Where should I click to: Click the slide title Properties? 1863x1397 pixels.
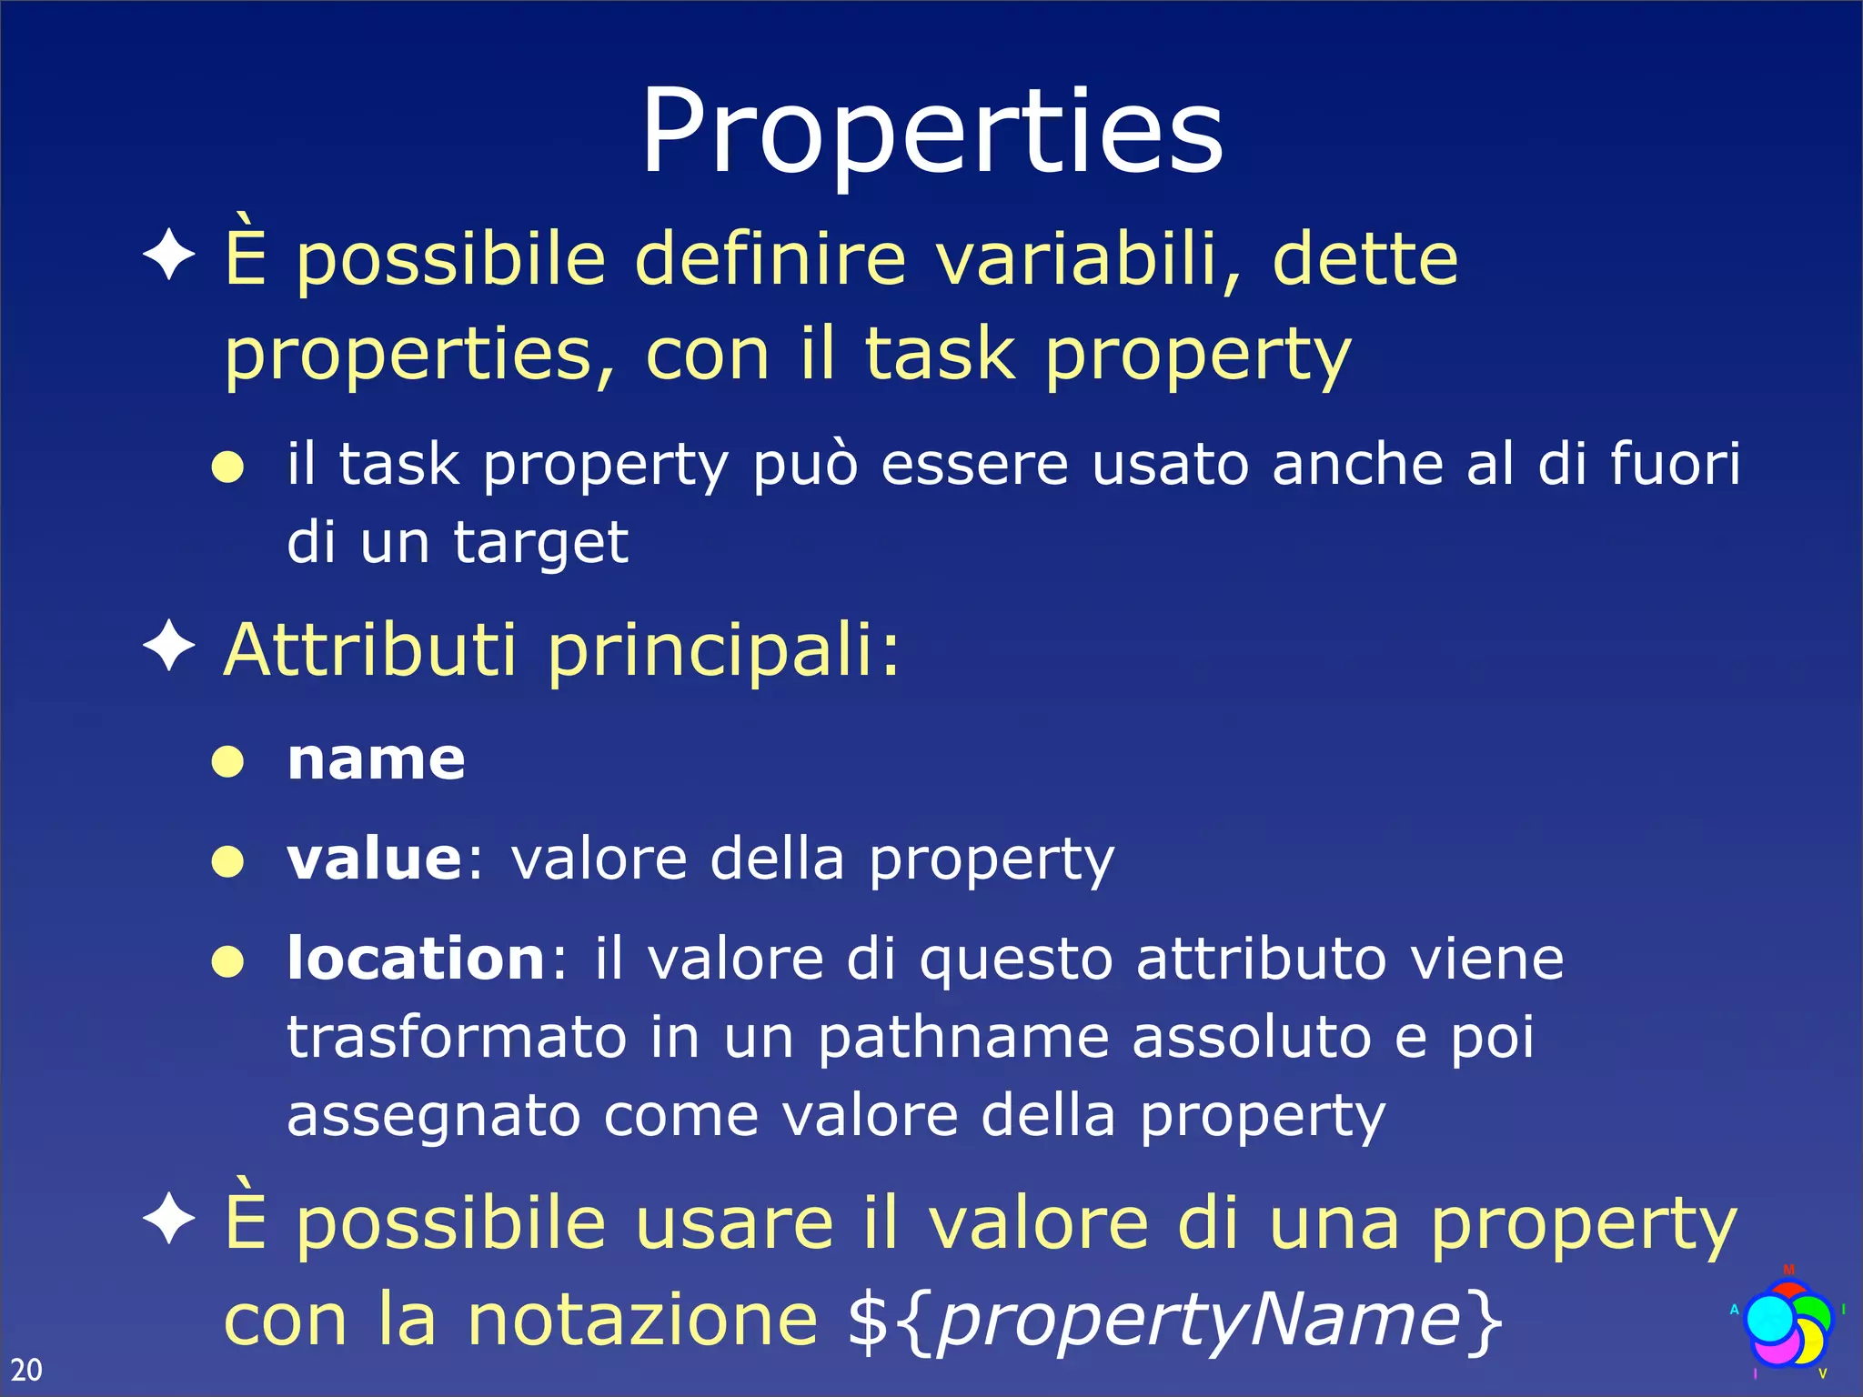pyautogui.click(x=932, y=132)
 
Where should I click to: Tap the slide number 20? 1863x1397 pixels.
pyautogui.click(x=26, y=1369)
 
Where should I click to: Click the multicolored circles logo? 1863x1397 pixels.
pyautogui.click(x=1787, y=1323)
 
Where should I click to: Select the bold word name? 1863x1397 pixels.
pyautogui.click(x=376, y=759)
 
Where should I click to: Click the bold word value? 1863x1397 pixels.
pyautogui.click(x=375, y=859)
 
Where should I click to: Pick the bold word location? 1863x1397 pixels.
pyautogui.click(x=417, y=959)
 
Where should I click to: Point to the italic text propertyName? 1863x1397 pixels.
pyautogui.click(x=1199, y=1321)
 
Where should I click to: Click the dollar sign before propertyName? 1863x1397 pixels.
pyautogui.click(x=867, y=1321)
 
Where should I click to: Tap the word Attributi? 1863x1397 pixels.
pyautogui.click(x=371, y=650)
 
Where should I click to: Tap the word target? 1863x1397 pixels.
pyautogui.click(x=540, y=544)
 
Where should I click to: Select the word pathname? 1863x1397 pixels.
pyautogui.click(x=962, y=1039)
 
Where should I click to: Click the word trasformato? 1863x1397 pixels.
pyautogui.click(x=457, y=1037)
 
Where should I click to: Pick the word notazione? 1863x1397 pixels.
pyautogui.click(x=642, y=1321)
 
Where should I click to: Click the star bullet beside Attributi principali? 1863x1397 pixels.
pyautogui.click(x=169, y=647)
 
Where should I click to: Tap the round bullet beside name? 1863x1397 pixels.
pyautogui.click(x=227, y=761)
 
